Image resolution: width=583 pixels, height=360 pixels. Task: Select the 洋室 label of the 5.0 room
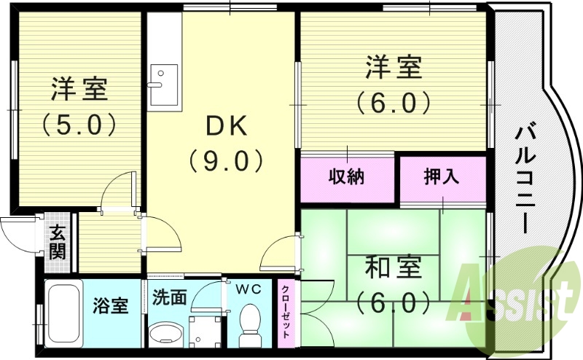point(79,90)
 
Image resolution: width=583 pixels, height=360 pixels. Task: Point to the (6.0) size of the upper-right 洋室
point(394,102)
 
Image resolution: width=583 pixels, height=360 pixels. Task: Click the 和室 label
point(394,267)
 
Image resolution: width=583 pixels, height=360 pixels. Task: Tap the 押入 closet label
point(442,176)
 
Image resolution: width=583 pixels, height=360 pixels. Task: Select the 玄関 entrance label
point(58,243)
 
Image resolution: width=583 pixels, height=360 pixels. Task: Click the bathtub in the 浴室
point(63,314)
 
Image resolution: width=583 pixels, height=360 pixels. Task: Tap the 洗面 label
point(170,297)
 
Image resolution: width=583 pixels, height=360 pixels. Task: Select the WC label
point(248,289)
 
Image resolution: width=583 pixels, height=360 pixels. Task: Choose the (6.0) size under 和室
point(394,300)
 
